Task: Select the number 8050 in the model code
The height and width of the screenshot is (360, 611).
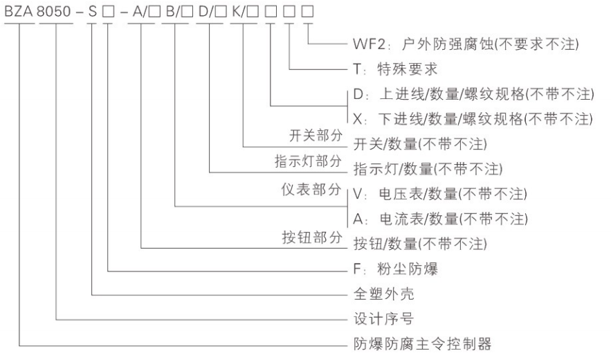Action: (57, 12)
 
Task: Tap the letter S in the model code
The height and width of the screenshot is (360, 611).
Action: (92, 12)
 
